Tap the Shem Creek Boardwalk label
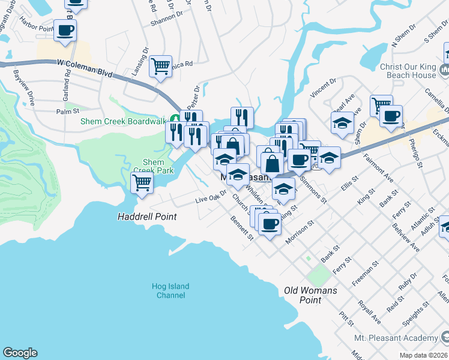point(124,121)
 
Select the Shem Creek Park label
point(157,166)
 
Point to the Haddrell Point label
point(147,217)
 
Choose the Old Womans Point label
point(310,295)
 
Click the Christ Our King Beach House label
point(408,71)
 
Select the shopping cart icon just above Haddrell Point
point(142,182)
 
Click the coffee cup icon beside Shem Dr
point(391,116)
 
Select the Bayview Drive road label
point(25,88)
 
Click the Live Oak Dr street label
point(211,197)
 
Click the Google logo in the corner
point(20,353)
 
